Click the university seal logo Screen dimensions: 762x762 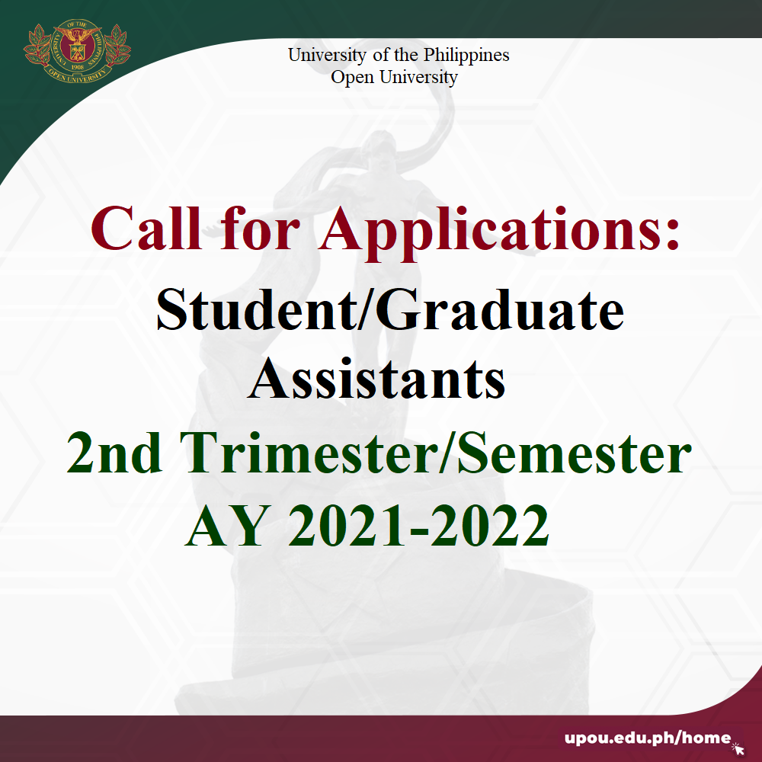tap(77, 51)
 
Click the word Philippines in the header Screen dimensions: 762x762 tap(466, 56)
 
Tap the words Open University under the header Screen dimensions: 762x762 tap(394, 78)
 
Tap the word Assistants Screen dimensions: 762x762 tap(376, 379)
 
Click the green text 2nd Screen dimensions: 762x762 tap(114, 453)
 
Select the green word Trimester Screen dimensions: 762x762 tap(309, 453)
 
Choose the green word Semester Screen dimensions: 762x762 tap(575, 453)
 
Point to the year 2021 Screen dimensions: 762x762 tap(347, 525)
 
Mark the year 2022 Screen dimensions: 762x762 tap(490, 525)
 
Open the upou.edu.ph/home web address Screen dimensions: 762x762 tap(648, 738)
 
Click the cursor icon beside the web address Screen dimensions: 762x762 tap(738, 748)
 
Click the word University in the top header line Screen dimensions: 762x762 tap(327, 56)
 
